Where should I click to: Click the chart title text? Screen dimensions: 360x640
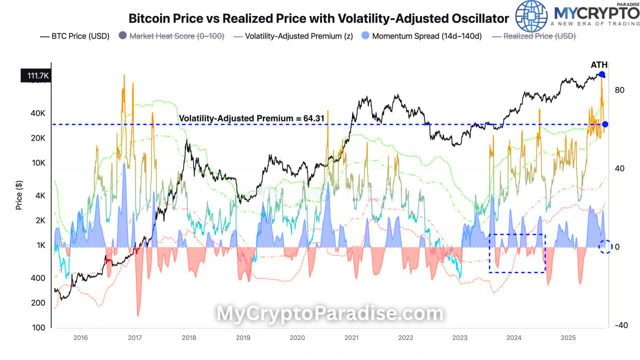click(318, 18)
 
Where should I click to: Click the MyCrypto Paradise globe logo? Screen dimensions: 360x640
click(531, 16)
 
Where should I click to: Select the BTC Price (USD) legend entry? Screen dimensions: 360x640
click(74, 36)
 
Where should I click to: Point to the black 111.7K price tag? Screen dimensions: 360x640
click(35, 75)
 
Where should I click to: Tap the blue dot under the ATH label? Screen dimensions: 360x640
click(602, 74)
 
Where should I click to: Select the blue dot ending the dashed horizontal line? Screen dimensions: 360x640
click(605, 124)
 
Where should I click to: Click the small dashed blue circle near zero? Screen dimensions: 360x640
click(605, 246)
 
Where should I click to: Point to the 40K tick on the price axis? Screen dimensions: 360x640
click(38, 113)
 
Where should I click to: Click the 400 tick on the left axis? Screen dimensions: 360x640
click(38, 278)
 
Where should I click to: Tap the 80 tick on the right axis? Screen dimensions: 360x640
click(620, 90)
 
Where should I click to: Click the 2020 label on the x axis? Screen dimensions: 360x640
click(297, 337)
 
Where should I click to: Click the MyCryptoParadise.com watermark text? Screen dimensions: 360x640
click(329, 313)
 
